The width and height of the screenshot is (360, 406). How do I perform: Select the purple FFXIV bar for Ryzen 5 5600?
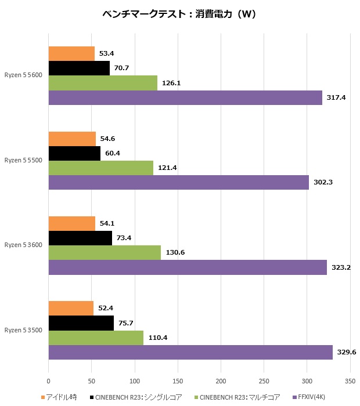click(185, 97)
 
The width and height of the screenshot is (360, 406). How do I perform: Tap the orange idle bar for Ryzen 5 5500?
click(72, 139)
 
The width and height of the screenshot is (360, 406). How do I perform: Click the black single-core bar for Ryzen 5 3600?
click(80, 238)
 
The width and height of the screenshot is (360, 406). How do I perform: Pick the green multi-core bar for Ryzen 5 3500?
click(96, 338)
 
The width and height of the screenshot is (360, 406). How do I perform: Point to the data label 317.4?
click(336, 97)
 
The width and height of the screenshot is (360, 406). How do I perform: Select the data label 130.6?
click(175, 253)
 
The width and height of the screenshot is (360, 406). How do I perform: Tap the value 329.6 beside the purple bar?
click(347, 353)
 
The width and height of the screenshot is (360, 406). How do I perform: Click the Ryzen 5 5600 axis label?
click(23, 75)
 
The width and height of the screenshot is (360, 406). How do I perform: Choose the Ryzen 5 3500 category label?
click(23, 330)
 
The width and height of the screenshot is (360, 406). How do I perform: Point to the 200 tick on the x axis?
click(221, 382)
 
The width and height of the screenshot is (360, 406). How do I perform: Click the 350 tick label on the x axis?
click(350, 382)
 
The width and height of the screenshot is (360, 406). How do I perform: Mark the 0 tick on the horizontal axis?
click(49, 382)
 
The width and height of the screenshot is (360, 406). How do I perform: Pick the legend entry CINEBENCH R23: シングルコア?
click(140, 397)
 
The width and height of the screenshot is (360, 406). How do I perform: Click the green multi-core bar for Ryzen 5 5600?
click(103, 83)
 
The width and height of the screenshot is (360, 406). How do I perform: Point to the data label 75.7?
click(128, 323)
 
